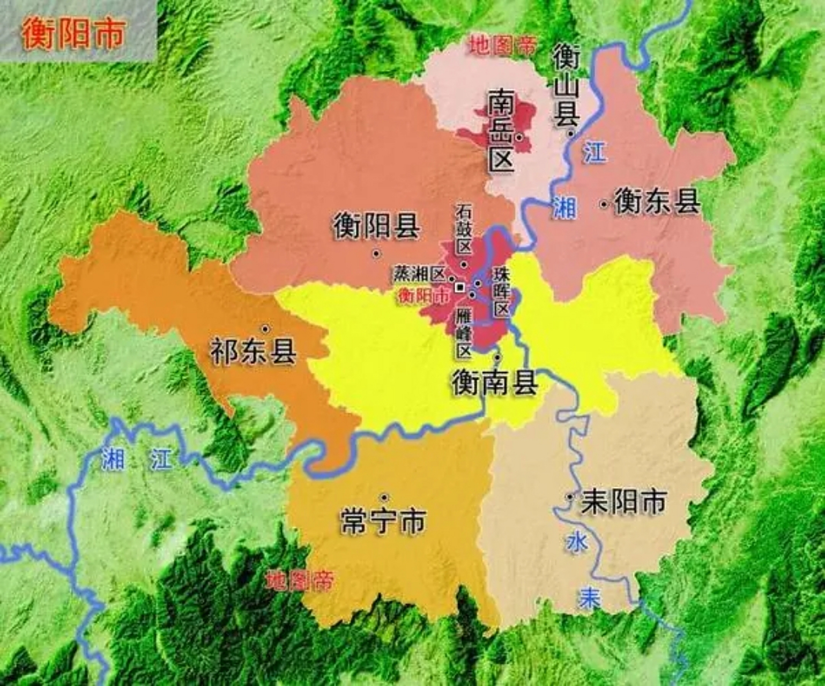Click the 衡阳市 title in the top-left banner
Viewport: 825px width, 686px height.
pos(73,33)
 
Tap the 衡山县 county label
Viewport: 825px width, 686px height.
pos(567,86)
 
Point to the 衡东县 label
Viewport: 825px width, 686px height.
pos(657,202)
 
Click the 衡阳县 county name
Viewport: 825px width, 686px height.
pos(376,226)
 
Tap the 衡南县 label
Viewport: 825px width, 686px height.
pos(494,382)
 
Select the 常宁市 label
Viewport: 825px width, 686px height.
pos(383,521)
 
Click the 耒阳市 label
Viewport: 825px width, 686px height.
pos(623,501)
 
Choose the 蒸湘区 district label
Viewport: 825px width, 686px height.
pos(420,274)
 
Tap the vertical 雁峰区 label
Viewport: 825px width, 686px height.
pos(463,333)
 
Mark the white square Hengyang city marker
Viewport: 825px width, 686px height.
pos(459,287)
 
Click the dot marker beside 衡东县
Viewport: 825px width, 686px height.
pos(605,204)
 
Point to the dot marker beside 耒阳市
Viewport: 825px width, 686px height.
pos(569,497)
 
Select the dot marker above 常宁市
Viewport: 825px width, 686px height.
pos(384,497)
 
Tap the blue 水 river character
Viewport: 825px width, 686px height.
pos(577,542)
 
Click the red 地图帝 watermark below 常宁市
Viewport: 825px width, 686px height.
pos(300,580)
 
